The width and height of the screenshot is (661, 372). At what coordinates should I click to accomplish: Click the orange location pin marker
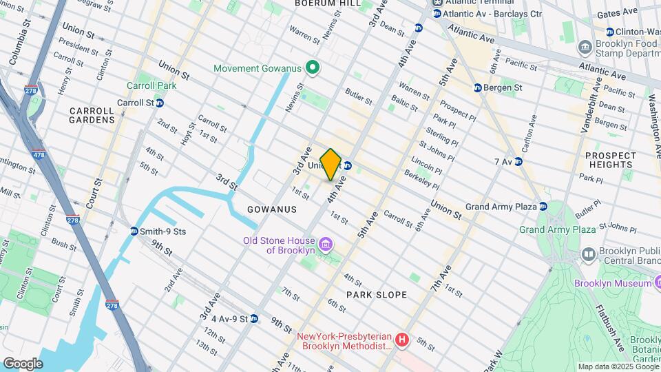pyautogui.click(x=331, y=164)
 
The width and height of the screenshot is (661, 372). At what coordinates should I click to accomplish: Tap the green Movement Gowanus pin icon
pyautogui.click(x=312, y=68)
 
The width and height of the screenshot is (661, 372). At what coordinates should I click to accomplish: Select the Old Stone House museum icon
pyautogui.click(x=326, y=245)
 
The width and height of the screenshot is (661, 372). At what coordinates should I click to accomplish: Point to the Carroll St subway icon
pyautogui.click(x=160, y=103)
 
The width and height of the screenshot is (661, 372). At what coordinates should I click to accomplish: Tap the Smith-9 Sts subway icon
pyautogui.click(x=134, y=231)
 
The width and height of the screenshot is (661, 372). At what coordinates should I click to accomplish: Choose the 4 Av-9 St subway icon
pyautogui.click(x=254, y=318)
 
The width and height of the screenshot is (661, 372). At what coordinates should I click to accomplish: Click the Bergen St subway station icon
pyautogui.click(x=478, y=87)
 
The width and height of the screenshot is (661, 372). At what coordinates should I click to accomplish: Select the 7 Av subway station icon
pyautogui.click(x=518, y=161)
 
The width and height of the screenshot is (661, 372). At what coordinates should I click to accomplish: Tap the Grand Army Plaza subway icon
pyautogui.click(x=543, y=206)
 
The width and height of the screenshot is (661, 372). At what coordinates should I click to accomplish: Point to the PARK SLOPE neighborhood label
pyautogui.click(x=377, y=295)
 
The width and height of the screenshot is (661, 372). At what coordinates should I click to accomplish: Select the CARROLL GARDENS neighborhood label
pyautogui.click(x=92, y=115)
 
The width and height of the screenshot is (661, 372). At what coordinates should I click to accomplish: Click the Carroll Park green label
pyautogui.click(x=151, y=85)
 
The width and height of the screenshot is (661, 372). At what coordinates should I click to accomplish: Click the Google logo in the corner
pyautogui.click(x=22, y=363)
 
